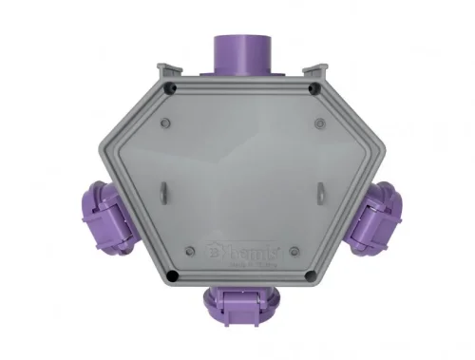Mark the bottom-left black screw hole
(x=169, y=276)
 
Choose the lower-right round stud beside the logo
(x=296, y=252)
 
